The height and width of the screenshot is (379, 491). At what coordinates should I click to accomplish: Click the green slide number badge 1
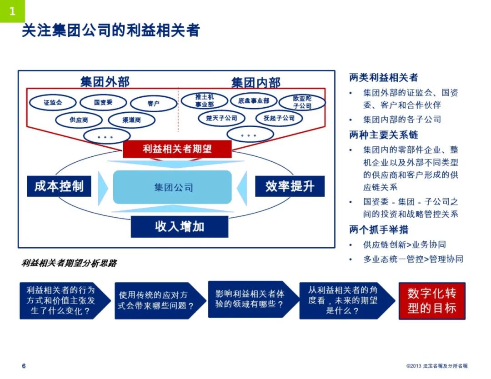[x=12, y=11]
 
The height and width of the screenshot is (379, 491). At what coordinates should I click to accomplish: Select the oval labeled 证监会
[x=53, y=103]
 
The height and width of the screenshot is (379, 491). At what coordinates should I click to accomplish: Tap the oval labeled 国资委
[x=103, y=103]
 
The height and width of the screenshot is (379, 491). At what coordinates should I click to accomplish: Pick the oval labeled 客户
[x=153, y=104]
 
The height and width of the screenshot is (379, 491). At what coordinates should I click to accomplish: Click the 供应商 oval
[x=79, y=120]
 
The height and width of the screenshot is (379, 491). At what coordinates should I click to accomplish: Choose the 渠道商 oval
[x=132, y=120]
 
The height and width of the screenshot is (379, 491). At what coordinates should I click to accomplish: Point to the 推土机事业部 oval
[x=205, y=101]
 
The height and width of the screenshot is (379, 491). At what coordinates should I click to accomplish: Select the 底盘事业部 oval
[x=253, y=100]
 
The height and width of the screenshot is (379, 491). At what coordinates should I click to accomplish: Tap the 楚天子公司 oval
[x=222, y=118]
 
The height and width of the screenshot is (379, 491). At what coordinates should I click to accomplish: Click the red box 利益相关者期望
[x=177, y=149]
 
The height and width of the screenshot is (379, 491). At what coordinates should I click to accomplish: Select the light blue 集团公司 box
[x=173, y=187]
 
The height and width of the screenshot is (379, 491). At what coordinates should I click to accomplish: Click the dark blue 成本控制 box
[x=59, y=186]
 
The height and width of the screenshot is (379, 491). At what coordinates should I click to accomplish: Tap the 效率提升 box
[x=290, y=186]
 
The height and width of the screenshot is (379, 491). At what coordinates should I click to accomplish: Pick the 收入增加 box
[x=180, y=226]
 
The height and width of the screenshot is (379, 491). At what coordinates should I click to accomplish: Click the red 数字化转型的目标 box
[x=431, y=301]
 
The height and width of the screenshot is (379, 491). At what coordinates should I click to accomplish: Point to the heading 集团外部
[x=105, y=82]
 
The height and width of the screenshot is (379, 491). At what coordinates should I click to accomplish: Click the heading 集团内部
[x=256, y=83]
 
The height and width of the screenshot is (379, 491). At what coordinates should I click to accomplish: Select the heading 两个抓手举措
[x=379, y=229]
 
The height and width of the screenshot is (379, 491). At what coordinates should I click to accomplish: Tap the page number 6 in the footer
[x=24, y=366]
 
